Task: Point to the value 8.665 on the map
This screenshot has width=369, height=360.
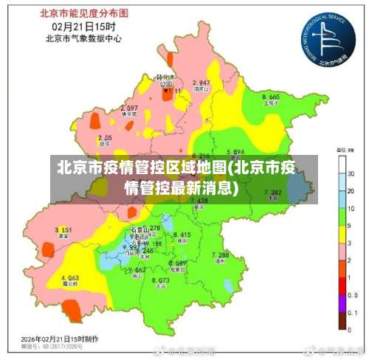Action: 270,97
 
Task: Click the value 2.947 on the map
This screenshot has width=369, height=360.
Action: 201,83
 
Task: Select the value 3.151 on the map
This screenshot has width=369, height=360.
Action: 63,230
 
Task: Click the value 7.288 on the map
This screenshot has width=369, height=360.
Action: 221,255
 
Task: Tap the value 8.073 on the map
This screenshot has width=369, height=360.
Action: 160,280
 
